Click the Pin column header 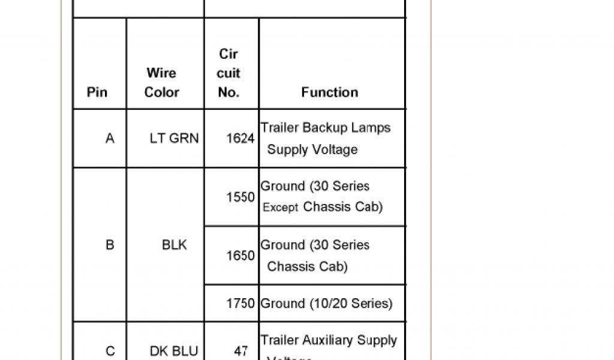tap(97, 92)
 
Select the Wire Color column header tap(162, 83)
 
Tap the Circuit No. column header tap(228, 73)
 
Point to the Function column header tap(330, 92)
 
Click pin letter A tap(110, 139)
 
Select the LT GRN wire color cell tap(174, 139)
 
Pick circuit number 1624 tap(240, 139)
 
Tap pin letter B tap(110, 245)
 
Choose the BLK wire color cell tap(174, 245)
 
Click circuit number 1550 tap(240, 197)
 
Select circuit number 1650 tap(240, 256)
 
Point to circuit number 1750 tap(240, 304)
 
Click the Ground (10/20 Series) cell tap(326, 304)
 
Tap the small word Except tap(281, 208)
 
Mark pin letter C tap(110, 351)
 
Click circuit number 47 tap(240, 351)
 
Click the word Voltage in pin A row tap(335, 149)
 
